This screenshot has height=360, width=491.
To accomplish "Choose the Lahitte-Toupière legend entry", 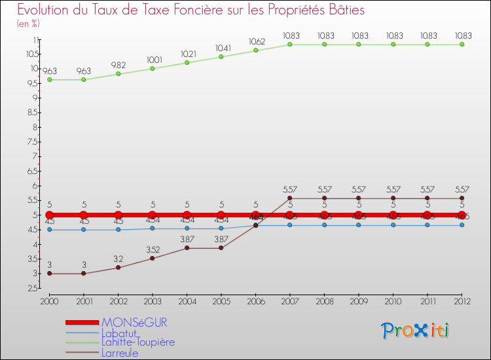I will pyautogui.click(x=138, y=342).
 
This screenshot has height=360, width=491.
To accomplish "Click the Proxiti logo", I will pyautogui.click(x=416, y=331).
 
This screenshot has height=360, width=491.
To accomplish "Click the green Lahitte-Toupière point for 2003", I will pyautogui.click(x=153, y=69).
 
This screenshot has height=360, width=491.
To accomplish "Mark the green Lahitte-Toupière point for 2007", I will pyautogui.click(x=290, y=45).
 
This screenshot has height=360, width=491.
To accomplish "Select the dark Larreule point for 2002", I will pyautogui.click(x=118, y=268).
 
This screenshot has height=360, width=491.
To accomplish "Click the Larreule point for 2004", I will pyautogui.click(x=187, y=248).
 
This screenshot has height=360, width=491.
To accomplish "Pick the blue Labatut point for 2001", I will pyautogui.click(x=84, y=230).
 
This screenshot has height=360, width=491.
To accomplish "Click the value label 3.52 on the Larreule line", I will pyautogui.click(x=153, y=249).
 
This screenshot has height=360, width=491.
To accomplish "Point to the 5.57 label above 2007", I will pyautogui.click(x=290, y=189).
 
